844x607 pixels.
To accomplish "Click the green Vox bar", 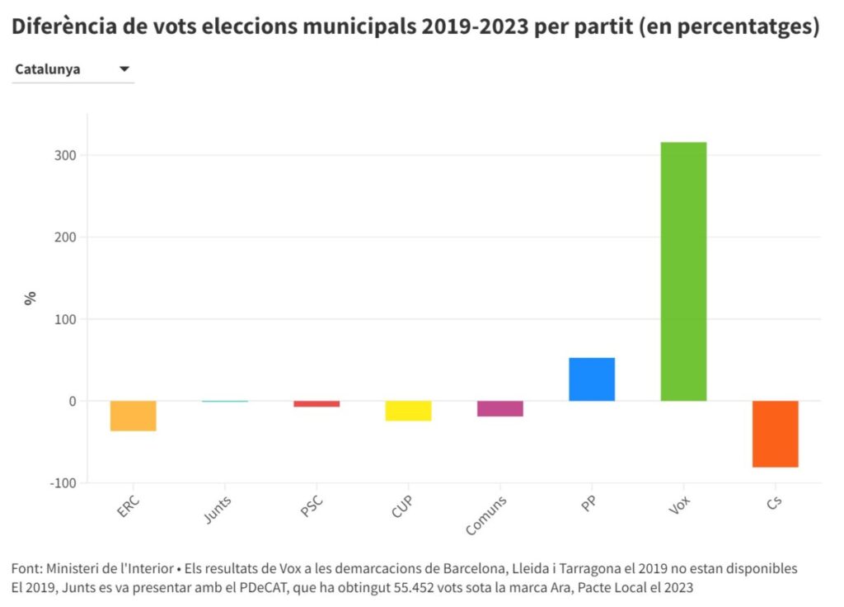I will point(683,272).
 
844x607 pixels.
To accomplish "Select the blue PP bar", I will point(592,379).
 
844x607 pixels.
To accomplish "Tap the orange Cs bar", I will point(776,434).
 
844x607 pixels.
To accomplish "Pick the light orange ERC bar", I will point(134,416).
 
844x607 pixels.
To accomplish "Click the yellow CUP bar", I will point(409,411).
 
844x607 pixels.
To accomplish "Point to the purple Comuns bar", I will point(500,408).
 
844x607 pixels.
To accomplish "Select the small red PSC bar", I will point(316,404).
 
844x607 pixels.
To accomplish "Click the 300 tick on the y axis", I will point(66,155).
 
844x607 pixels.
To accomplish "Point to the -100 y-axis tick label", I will point(63,482).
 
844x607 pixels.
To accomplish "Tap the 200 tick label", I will point(66,238).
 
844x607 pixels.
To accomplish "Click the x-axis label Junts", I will point(218,511).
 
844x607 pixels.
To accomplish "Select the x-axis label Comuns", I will point(486,515).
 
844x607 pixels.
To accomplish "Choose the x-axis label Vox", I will point(680,506).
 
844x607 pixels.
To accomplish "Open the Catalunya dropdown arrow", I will point(124,69).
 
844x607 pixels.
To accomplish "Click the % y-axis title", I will point(30,298).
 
